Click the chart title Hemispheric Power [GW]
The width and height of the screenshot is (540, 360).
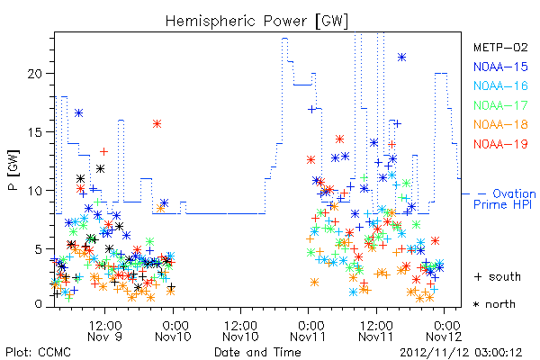[x=256, y=21]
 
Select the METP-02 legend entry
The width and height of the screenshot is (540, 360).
[x=500, y=47]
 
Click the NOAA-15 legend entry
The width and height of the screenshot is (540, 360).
[x=500, y=67]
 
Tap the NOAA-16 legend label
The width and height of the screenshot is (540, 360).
[x=500, y=85]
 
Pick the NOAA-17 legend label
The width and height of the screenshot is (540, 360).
[x=500, y=105]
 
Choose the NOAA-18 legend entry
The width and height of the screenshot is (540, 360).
[x=500, y=124]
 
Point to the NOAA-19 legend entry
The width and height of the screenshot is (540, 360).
[x=500, y=144]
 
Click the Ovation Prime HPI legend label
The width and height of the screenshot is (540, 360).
[x=505, y=199]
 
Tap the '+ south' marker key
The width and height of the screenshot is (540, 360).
[x=498, y=276]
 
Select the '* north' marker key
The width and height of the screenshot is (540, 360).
[x=494, y=304]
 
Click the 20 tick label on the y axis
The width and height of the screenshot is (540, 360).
[x=36, y=74]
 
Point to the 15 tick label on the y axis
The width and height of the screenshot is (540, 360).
[x=36, y=132]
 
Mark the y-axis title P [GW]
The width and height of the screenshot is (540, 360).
[x=14, y=170]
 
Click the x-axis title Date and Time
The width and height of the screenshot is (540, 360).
[x=257, y=352]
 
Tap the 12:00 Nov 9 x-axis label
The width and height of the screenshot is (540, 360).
[x=105, y=330]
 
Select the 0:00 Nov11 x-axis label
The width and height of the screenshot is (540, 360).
[x=308, y=330]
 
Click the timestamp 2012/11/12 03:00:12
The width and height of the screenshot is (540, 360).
[x=461, y=353]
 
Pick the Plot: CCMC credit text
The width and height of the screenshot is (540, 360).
[x=38, y=353]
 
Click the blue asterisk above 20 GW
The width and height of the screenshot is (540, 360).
[x=401, y=58]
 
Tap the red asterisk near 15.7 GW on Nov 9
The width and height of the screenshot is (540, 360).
[x=157, y=123]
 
